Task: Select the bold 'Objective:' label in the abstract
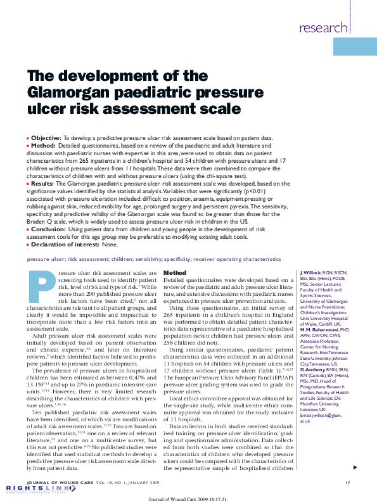coord(46,137)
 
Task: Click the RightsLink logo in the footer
coord(28,488)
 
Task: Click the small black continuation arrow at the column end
coord(355,467)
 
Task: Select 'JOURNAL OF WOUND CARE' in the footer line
coord(56,482)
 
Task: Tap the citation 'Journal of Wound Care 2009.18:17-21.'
coord(188,497)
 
